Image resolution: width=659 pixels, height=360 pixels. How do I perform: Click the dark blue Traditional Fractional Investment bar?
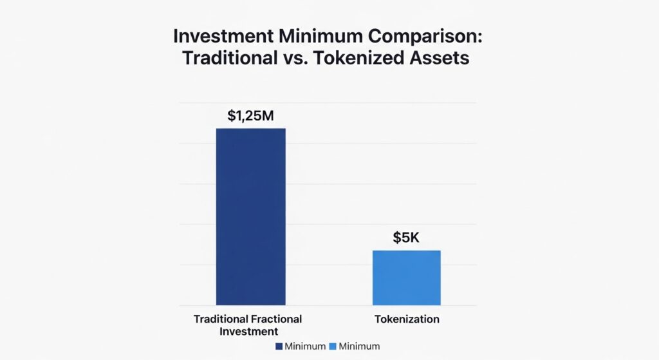250,216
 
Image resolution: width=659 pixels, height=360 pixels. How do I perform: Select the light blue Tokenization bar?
407,278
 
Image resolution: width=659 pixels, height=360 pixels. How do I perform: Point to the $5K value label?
406,238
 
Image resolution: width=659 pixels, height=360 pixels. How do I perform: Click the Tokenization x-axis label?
407,319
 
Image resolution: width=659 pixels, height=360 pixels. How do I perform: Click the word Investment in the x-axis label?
248,331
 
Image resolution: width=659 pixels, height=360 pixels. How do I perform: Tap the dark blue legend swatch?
279,346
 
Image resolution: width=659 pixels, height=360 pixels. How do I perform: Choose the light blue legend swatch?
333,346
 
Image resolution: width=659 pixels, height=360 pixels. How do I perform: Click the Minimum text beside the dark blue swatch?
304,346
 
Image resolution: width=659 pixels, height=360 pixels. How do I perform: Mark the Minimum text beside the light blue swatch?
359,346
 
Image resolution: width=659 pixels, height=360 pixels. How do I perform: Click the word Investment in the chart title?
219,36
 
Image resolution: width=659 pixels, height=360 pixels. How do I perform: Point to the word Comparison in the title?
431,36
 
